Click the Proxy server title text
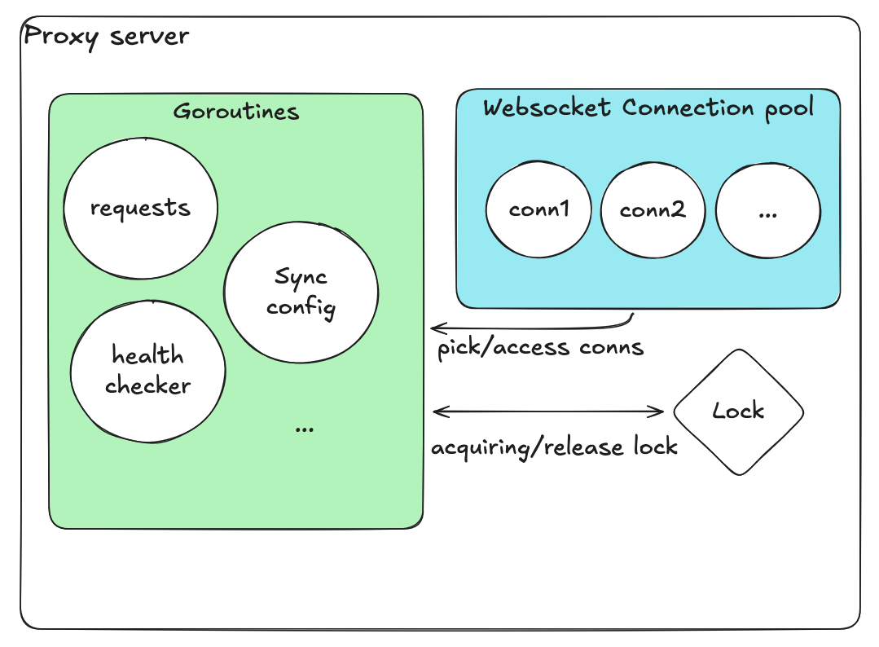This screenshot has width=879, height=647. [107, 37]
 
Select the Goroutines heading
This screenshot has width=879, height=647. [236, 112]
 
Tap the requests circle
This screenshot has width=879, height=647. [141, 208]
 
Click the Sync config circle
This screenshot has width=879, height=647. [301, 293]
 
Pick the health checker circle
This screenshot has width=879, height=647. [148, 371]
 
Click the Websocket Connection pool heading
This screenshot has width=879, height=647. [648, 108]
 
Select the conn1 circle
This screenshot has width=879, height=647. [538, 209]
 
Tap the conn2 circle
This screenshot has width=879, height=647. [653, 210]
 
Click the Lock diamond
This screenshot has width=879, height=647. [738, 412]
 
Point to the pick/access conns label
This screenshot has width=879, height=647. [540, 348]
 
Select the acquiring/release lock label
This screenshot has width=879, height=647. [554, 447]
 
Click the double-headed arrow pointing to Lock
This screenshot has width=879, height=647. [547, 412]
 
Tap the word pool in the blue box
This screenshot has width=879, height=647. [789, 108]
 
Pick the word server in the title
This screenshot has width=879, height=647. [150, 37]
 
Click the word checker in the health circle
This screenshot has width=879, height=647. [148, 385]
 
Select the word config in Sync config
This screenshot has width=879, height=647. [301, 308]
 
